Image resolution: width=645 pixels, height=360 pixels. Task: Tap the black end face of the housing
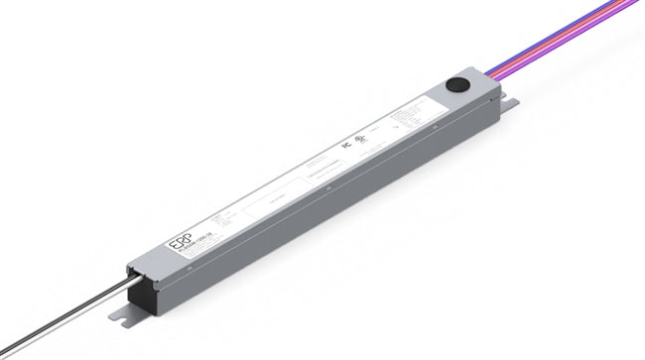coord(140,290)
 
